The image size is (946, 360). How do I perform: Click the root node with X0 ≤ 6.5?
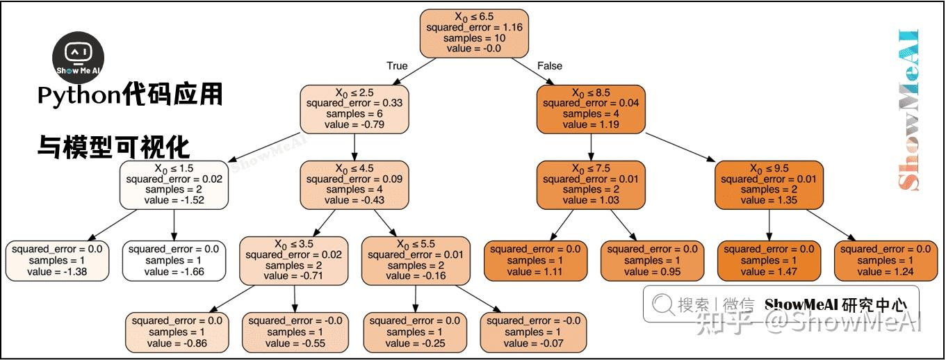474,33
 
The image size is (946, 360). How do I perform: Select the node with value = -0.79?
354,109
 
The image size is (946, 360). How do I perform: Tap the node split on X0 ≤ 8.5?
591,109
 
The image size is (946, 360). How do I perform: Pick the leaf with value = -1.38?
57,261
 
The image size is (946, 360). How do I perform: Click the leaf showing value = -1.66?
174,261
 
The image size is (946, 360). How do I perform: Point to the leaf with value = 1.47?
769,261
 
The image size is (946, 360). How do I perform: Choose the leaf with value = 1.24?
886,261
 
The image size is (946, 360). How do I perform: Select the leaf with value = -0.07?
533,332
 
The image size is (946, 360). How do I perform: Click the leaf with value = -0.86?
177,332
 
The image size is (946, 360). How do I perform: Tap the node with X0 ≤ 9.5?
769,185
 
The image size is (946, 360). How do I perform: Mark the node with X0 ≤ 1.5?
174,185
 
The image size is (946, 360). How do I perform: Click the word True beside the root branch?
397,66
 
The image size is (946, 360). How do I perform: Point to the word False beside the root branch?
549,66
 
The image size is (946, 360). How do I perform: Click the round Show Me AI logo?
78,58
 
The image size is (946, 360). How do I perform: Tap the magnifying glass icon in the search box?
662,304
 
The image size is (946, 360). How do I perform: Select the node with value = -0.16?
416,261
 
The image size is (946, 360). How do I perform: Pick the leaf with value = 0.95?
652,261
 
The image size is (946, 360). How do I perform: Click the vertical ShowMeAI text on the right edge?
908,111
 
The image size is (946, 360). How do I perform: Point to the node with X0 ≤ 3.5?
294,261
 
